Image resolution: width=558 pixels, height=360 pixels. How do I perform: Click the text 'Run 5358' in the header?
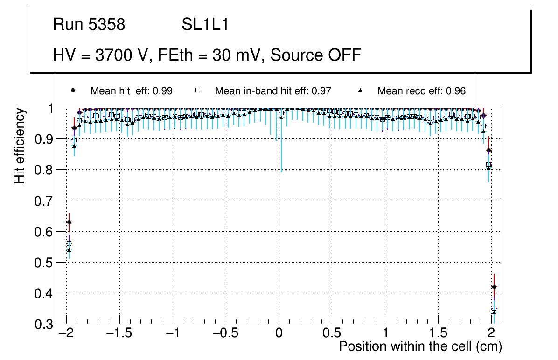pyautogui.click(x=89, y=25)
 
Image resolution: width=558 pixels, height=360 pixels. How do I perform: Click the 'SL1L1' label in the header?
pyautogui.click(x=205, y=25)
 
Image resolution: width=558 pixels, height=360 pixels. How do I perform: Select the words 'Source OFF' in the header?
pyautogui.click(x=316, y=55)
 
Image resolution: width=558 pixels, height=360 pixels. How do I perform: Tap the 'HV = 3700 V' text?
pyautogui.click(x=99, y=55)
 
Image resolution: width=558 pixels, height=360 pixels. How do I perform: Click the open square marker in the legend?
pyautogui.click(x=197, y=90)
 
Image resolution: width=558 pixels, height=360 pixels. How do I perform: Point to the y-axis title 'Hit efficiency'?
pyautogui.click(x=19, y=145)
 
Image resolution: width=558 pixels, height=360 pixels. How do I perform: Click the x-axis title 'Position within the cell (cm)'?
pyautogui.click(x=420, y=346)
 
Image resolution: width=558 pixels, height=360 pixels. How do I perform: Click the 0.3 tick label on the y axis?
pyautogui.click(x=43, y=324)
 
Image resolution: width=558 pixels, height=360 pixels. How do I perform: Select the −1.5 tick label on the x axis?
pyautogui.click(x=120, y=333)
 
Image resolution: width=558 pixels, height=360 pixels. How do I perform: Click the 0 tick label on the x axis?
pyautogui.click(x=279, y=333)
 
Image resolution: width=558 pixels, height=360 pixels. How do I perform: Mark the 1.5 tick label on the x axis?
pyautogui.click(x=438, y=333)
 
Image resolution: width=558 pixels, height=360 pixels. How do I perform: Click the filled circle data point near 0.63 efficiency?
pyautogui.click(x=69, y=222)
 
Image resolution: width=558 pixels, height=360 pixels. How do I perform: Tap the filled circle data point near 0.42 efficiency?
pyautogui.click(x=494, y=287)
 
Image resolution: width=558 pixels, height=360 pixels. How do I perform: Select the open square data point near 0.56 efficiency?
pyautogui.click(x=69, y=243)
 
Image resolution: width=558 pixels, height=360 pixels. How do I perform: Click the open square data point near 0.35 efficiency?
pyautogui.click(x=494, y=308)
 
